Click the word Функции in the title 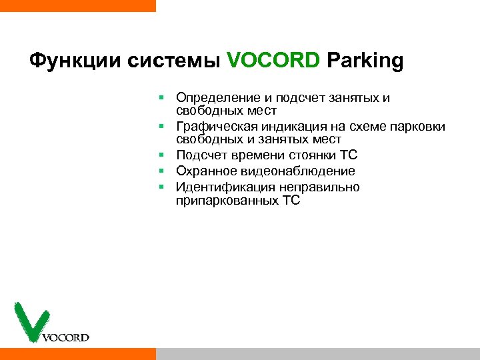[67, 61]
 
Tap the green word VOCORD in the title [273, 61]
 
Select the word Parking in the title [365, 61]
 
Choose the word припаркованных [223, 200]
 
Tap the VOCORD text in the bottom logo [65, 337]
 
